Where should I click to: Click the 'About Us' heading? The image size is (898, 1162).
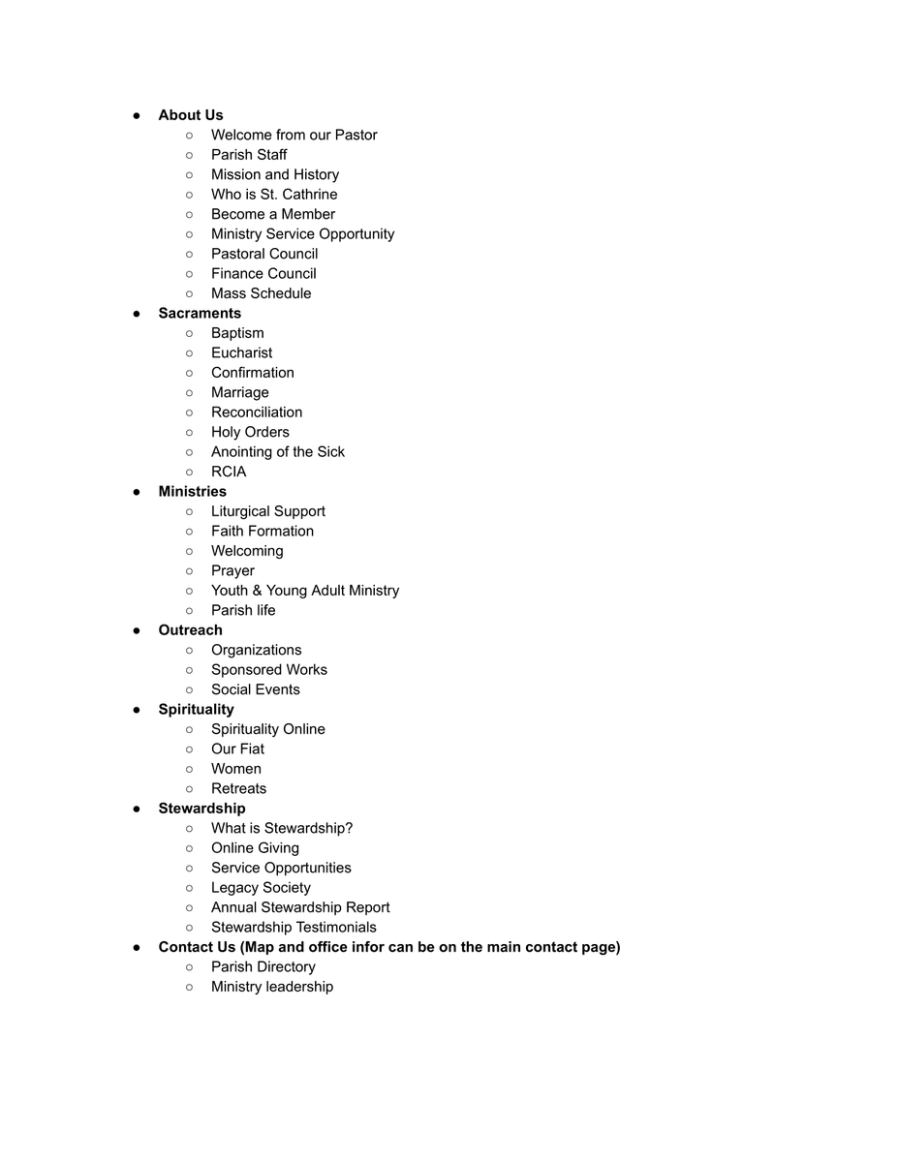pos(191,115)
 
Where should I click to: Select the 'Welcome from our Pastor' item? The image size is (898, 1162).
pos(294,136)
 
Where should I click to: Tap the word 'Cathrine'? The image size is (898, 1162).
pos(308,195)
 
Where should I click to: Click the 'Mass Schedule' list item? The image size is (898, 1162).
pos(261,293)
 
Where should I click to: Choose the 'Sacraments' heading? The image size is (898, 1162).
pos(200,314)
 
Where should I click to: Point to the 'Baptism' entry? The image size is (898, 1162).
pos(237,333)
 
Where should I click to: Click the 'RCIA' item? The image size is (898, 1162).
pos(229,472)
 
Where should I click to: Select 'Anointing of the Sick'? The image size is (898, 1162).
pos(277,452)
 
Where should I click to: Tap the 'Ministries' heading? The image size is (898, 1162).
pos(192,492)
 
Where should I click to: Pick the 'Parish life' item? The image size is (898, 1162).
pos(243,610)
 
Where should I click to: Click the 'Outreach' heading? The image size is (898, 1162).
pos(190,630)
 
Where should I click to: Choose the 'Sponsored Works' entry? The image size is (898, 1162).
pos(268,670)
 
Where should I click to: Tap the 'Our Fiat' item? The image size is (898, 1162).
pos(237,749)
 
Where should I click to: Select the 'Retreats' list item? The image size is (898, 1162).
pos(238,789)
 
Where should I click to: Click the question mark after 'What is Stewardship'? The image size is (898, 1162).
pos(349,829)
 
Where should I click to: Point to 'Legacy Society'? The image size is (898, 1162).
pos(261,888)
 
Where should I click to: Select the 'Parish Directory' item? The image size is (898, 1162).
pos(263,967)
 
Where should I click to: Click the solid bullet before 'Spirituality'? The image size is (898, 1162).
pos(138,710)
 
